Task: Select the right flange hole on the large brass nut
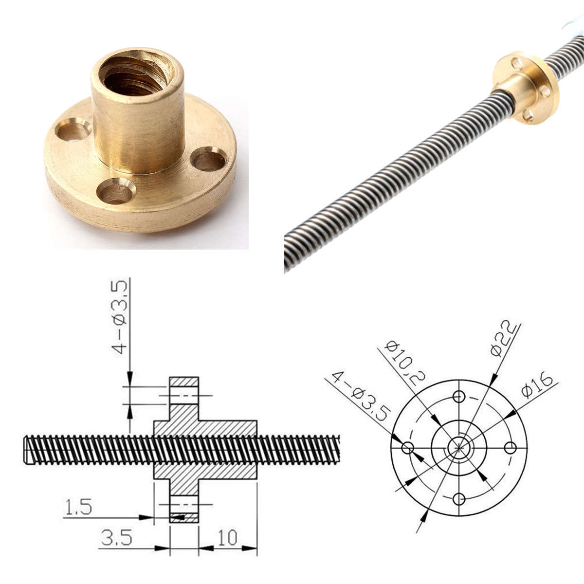[x=208, y=159]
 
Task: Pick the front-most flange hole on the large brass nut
[x=115, y=190]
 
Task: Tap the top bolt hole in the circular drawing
[x=458, y=396]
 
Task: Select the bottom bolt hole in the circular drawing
[x=458, y=499]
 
